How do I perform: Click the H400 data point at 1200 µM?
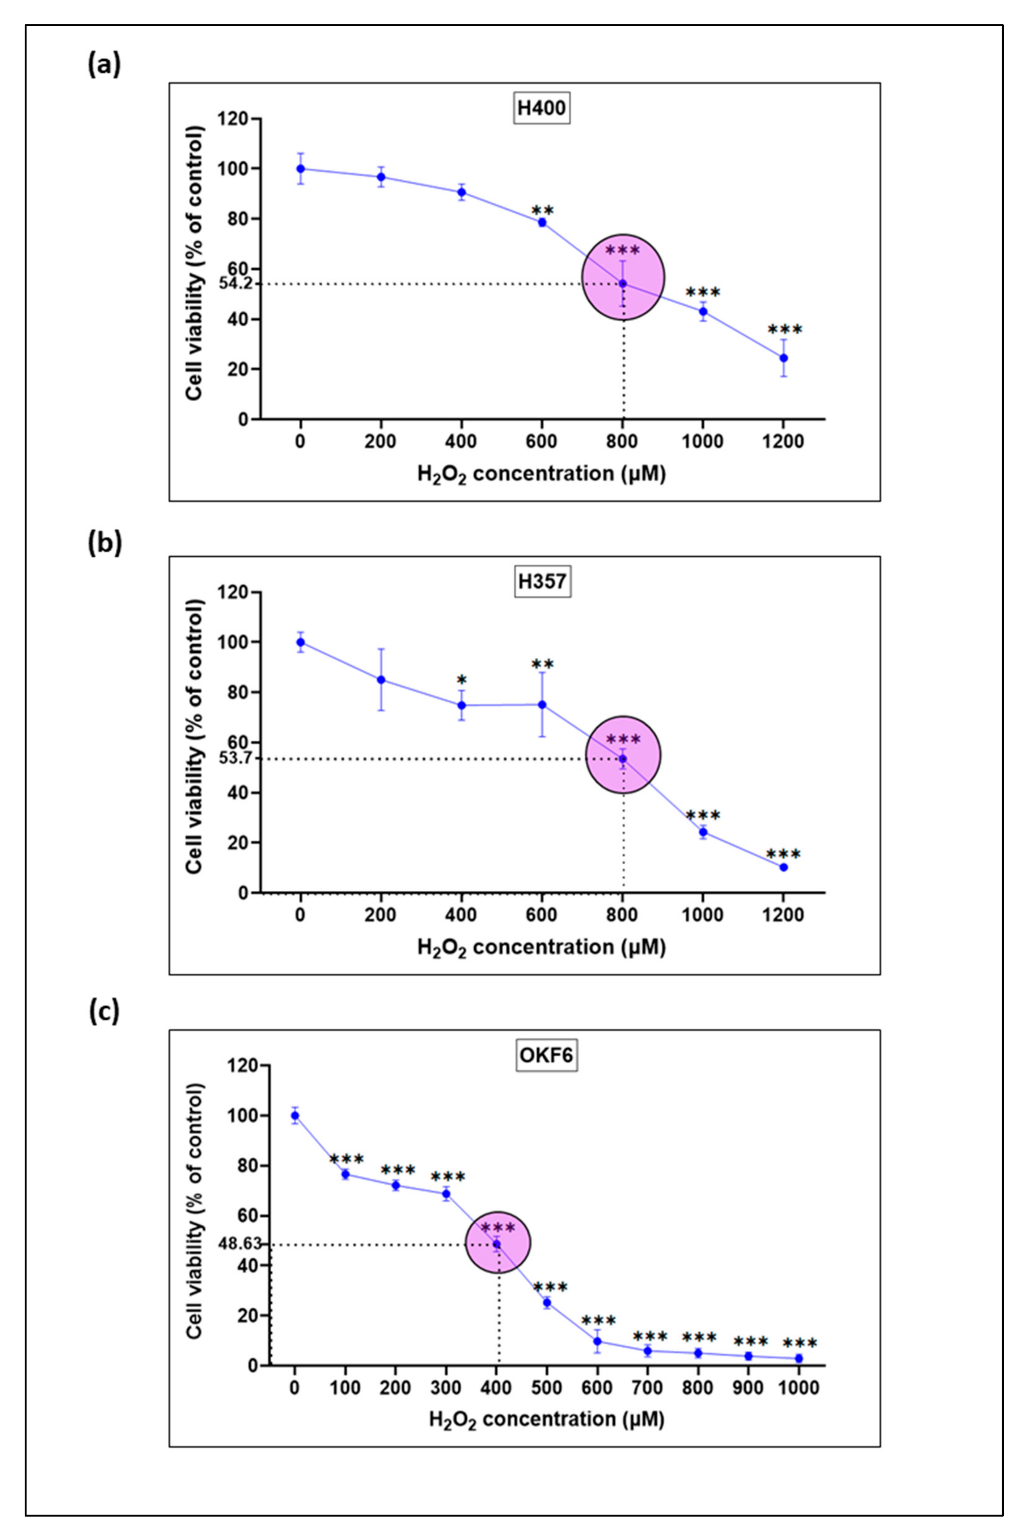(x=783, y=358)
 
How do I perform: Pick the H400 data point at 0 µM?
(x=300, y=169)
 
